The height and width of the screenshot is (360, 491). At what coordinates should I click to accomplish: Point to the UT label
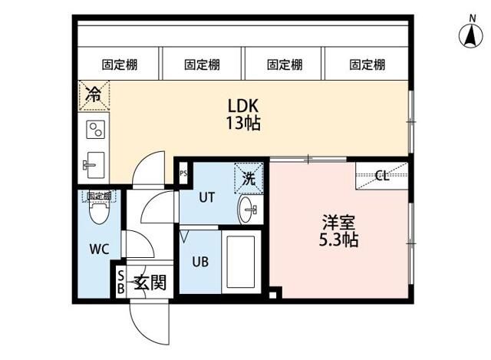tap(207, 197)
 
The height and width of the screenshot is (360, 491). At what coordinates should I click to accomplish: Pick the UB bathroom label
tap(199, 260)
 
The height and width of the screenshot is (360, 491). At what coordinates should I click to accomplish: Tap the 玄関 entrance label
tap(150, 282)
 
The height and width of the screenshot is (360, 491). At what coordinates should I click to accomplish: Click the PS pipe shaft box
tap(183, 173)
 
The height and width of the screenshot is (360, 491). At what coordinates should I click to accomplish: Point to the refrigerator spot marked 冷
tap(93, 96)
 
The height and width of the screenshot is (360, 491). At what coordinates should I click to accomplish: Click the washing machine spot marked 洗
tap(249, 178)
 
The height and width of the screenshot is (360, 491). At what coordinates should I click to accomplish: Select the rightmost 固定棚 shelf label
tap(366, 65)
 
